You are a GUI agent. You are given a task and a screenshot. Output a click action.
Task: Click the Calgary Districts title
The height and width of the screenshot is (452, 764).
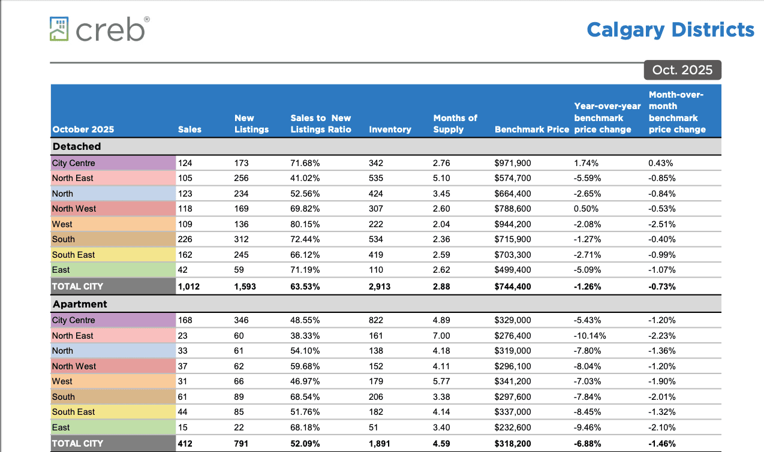[670, 29]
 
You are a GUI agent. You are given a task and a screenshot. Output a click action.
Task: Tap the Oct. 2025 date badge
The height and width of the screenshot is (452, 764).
[682, 70]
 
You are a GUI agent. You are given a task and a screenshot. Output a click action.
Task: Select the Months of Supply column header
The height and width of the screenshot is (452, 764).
[455, 123]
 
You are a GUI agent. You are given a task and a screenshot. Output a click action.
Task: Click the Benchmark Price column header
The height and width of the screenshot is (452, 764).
[531, 129]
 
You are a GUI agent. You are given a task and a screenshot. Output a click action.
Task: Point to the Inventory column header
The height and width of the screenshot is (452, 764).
[390, 129]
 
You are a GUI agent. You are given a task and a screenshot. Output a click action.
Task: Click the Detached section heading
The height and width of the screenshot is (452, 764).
[77, 146]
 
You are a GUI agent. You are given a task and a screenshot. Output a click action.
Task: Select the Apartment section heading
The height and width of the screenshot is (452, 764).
[80, 304]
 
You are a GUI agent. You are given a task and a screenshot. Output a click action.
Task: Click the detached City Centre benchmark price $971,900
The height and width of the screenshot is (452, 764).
[513, 163]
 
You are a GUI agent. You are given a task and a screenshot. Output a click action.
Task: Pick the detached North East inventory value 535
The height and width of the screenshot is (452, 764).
[376, 178]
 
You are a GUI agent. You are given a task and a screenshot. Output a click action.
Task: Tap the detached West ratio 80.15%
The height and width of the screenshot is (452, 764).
[305, 224]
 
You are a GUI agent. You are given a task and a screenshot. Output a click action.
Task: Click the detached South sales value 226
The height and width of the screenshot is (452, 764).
[185, 239]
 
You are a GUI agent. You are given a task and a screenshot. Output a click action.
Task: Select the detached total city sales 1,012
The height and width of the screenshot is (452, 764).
[189, 287]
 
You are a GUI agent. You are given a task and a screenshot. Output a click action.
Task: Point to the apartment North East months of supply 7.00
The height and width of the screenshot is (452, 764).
[441, 336]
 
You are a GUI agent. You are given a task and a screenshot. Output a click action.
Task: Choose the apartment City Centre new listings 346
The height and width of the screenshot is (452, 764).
[241, 320]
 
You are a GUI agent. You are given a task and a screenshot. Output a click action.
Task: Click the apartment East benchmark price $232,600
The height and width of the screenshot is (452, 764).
[513, 427]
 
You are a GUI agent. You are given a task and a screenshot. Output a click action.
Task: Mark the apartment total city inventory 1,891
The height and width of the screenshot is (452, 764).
[380, 444]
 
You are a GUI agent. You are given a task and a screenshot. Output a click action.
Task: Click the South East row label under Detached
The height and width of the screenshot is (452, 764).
[73, 255]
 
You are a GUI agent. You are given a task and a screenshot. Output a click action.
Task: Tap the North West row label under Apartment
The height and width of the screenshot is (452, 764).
[74, 366]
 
